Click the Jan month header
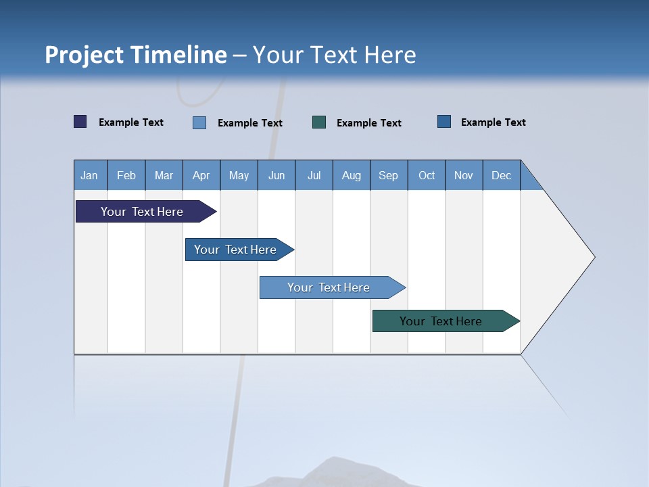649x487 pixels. point(89,175)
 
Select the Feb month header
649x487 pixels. point(126,175)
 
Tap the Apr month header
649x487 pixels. point(201,175)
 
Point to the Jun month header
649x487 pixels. point(277,175)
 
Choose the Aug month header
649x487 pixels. point(351,175)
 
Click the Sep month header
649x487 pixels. point(388,175)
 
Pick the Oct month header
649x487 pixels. point(427,175)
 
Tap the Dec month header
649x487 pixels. point(501,175)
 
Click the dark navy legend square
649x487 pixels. point(80,122)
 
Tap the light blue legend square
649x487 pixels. point(199,122)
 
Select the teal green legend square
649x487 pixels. point(319,122)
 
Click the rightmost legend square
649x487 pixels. point(444,122)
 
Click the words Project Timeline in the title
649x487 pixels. point(135,55)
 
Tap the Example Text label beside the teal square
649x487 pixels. point(368,123)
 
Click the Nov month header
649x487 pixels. point(464,175)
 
